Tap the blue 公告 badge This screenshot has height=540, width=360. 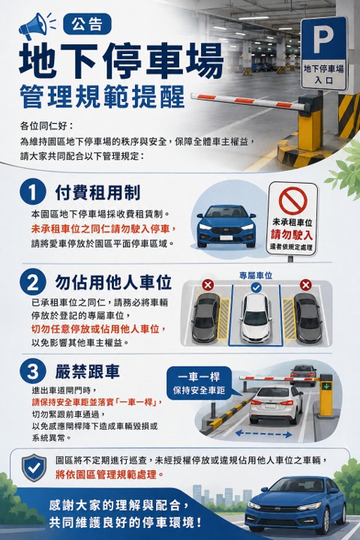[87, 24]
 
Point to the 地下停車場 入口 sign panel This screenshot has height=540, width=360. [323, 75]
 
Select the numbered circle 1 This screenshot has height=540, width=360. [33, 192]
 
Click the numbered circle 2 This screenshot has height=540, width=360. [33, 283]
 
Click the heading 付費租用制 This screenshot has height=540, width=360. [97, 192]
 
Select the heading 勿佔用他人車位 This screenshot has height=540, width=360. [113, 283]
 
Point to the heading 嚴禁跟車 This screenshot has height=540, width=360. [88, 371]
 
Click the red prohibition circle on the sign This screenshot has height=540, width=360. [292, 201]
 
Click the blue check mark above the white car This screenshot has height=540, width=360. [256, 287]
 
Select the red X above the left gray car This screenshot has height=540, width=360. [208, 285]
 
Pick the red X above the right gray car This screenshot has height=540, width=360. [305, 285]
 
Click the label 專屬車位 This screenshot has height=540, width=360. [256, 275]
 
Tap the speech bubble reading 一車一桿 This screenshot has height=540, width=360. [199, 383]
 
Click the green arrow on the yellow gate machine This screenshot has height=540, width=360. [325, 386]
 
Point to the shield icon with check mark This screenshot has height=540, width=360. [34, 467]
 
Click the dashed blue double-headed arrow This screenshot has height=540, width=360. [264, 434]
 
